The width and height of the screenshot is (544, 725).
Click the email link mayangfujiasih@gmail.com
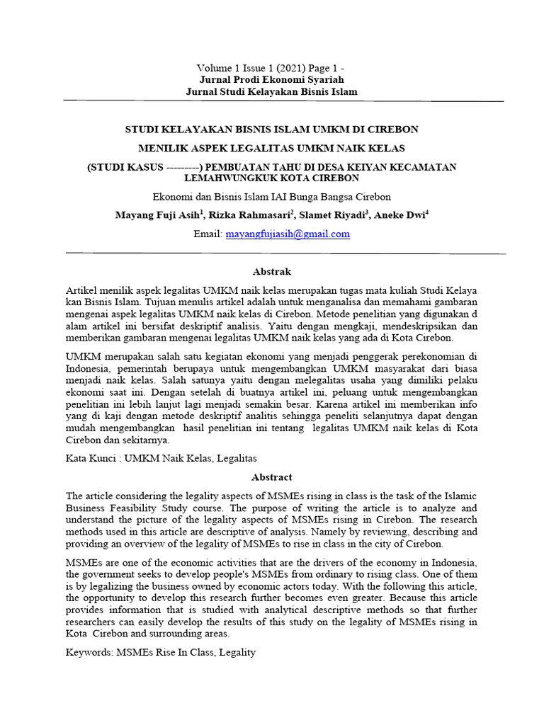click(287, 234)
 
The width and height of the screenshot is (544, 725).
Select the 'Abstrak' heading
click(272, 271)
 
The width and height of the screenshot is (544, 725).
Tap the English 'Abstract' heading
click(272, 477)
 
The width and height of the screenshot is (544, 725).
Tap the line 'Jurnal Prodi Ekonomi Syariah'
click(272, 79)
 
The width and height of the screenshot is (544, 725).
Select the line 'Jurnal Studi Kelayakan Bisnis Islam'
click(272, 91)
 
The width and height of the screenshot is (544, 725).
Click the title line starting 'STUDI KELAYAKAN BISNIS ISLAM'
click(272, 130)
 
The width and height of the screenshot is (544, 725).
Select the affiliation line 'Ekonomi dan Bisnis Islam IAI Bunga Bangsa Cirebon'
click(272, 196)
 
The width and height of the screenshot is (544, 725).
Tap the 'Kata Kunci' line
click(161, 459)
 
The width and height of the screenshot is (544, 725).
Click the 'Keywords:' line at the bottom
click(160, 651)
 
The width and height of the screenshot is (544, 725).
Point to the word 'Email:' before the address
click(208, 234)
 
